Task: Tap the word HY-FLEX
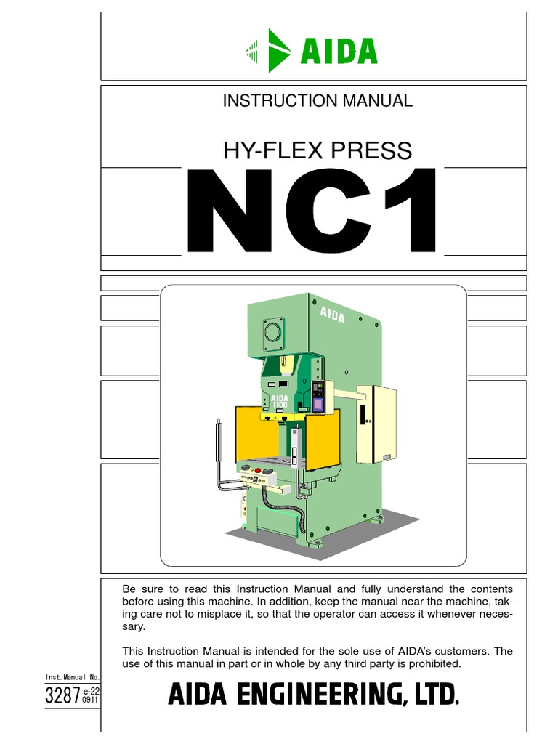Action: [264, 150]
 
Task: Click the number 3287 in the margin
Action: [62, 695]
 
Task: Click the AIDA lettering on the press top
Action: [332, 315]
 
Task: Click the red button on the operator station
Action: [263, 469]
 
